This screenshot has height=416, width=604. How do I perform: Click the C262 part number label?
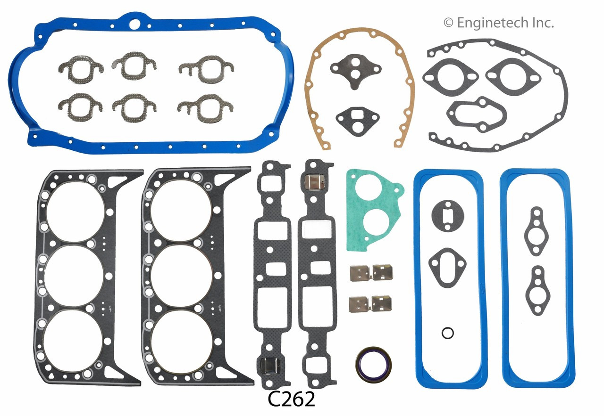(291, 400)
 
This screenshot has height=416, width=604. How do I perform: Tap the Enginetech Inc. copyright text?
(498, 22)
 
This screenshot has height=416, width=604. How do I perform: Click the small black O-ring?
(448, 333)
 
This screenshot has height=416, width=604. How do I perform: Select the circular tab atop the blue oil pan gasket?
(136, 23)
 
